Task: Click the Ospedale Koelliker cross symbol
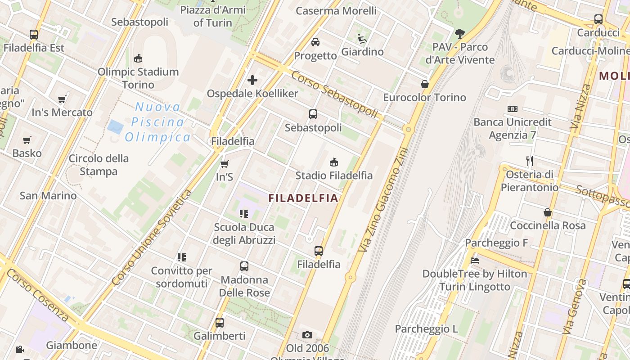click(x=252, y=80)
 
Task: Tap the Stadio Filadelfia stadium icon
click(x=334, y=162)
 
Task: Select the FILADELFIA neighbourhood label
click(x=303, y=198)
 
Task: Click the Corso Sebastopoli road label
click(x=334, y=94)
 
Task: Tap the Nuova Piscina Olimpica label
click(x=158, y=122)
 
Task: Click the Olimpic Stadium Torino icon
click(x=138, y=58)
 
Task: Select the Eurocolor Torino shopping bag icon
click(x=424, y=84)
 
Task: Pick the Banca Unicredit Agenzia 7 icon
click(x=512, y=109)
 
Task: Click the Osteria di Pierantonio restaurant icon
click(x=530, y=161)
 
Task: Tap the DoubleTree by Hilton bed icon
click(x=474, y=260)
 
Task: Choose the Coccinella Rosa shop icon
click(x=548, y=212)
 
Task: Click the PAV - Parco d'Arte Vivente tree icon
click(x=459, y=33)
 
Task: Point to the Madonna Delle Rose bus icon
click(x=244, y=266)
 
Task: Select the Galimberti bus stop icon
click(x=220, y=322)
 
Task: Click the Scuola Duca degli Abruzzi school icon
click(x=244, y=214)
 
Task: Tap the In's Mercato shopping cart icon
click(x=62, y=99)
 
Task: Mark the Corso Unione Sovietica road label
click(x=152, y=238)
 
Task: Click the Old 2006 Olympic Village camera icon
click(x=307, y=335)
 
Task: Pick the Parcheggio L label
click(x=426, y=329)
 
